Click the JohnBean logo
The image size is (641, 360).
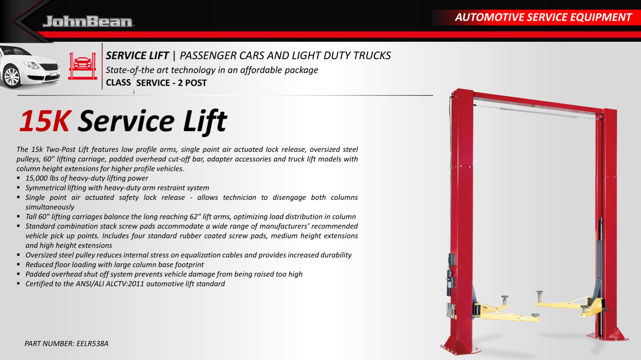pyautogui.click(x=88, y=21)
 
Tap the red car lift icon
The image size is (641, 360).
pyautogui.click(x=82, y=66)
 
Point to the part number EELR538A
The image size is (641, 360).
pyautogui.click(x=92, y=344)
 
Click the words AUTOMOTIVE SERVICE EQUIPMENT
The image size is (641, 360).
pyautogui.click(x=543, y=17)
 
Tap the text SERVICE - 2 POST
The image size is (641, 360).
pyautogui.click(x=171, y=83)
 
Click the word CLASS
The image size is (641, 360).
pyautogui.click(x=118, y=82)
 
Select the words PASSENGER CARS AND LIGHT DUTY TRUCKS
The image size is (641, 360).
pyautogui.click(x=285, y=55)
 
